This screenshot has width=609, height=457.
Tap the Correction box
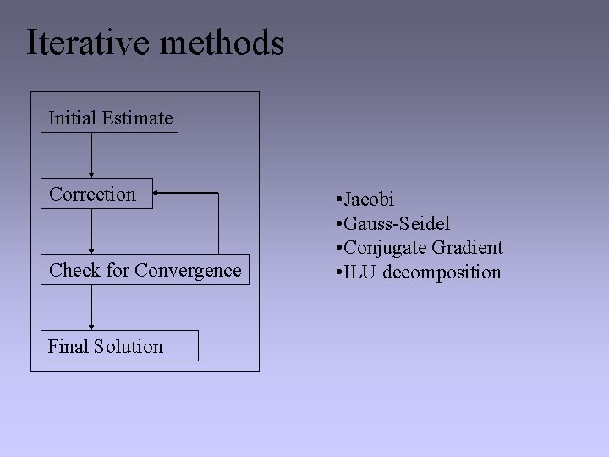(97, 194)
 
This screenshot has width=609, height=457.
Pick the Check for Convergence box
(145, 270)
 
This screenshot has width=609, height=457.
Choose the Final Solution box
(119, 346)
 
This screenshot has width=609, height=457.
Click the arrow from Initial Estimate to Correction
(91, 155)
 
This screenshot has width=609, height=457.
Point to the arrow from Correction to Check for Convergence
(91, 231)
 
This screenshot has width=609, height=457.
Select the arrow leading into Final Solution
(91, 307)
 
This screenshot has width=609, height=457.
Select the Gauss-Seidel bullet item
(392, 223)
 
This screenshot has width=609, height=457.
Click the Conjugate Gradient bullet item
(420, 248)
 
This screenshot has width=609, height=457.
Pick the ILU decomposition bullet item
(418, 272)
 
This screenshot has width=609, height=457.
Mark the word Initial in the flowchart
(72, 118)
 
